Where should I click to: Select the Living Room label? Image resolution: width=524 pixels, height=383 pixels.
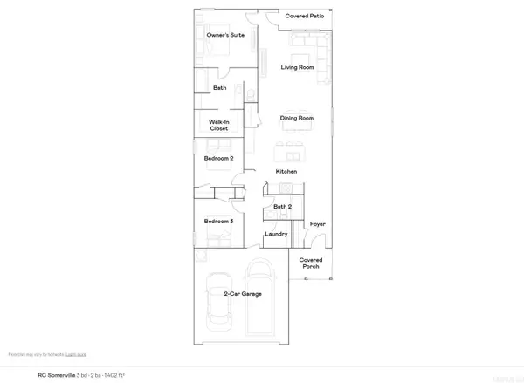click(296, 66)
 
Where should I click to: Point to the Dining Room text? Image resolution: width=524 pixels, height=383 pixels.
click(296, 118)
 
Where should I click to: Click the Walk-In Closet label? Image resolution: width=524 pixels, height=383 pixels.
click(218, 125)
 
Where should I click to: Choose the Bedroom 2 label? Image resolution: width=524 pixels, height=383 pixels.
click(218, 158)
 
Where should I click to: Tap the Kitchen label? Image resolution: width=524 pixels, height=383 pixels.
click(286, 171)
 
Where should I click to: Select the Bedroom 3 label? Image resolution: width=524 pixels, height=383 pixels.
click(218, 222)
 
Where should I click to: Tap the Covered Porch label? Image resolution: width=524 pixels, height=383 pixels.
click(312, 263)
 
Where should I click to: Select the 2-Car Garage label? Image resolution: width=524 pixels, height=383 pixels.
click(239, 294)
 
